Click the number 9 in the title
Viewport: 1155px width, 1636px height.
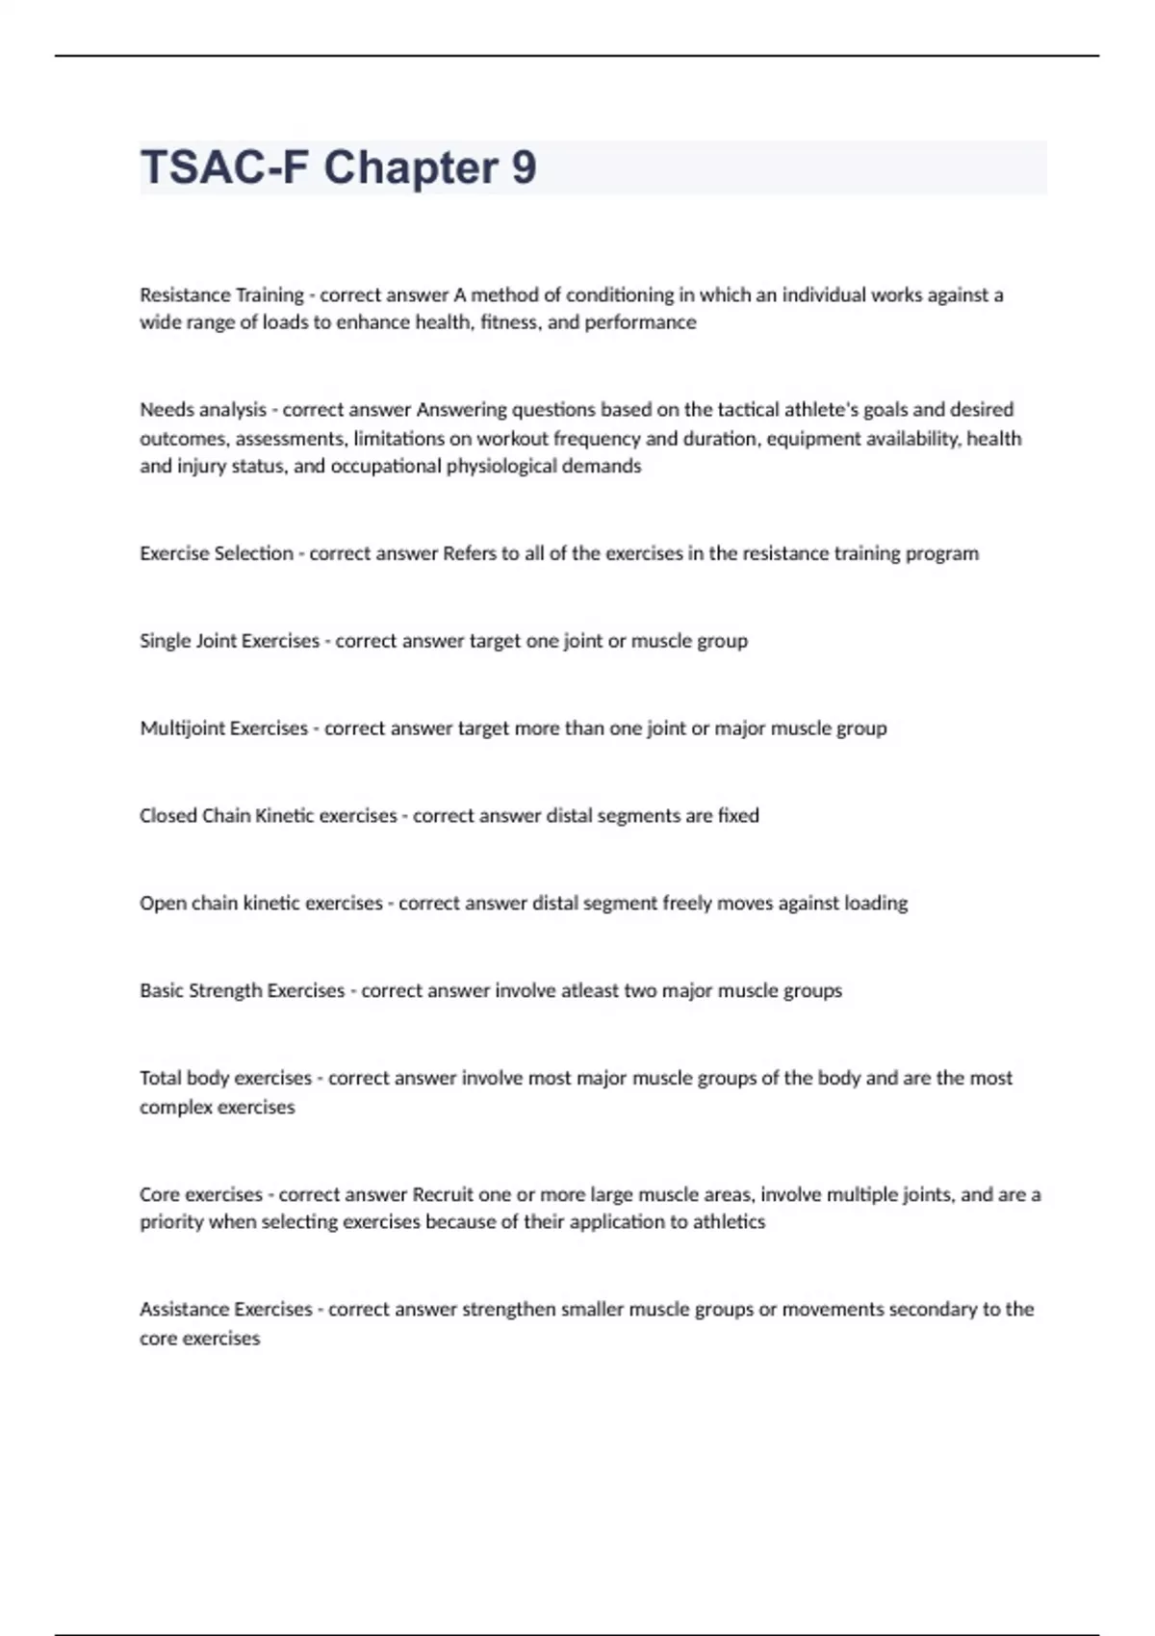tap(524, 168)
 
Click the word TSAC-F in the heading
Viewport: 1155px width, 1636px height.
tap(224, 168)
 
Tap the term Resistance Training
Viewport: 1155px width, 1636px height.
tap(221, 294)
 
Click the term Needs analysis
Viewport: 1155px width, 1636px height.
tap(203, 410)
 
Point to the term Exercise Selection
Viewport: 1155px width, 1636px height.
tap(217, 553)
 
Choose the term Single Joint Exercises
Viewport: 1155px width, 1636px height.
tap(229, 641)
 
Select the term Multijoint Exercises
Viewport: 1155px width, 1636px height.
tap(223, 729)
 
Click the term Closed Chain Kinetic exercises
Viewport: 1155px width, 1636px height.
tap(268, 816)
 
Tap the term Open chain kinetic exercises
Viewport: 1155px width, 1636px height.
tap(261, 904)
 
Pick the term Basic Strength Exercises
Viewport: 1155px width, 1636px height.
tap(242, 991)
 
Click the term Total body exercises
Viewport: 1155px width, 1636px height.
tap(225, 1079)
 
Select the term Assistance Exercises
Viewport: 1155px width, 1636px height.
tap(226, 1310)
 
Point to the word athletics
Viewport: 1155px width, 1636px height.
tap(729, 1222)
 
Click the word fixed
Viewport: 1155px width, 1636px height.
tap(738, 816)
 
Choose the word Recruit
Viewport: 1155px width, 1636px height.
tap(443, 1195)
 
